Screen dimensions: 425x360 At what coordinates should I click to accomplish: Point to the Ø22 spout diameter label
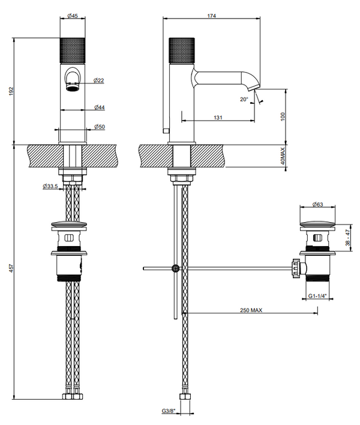coord(99,80)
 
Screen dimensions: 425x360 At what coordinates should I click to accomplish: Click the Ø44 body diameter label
coord(100,107)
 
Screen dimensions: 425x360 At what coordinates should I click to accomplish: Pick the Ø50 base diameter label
coord(100,127)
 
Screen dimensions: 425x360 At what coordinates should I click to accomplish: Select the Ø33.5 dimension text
coord(50,186)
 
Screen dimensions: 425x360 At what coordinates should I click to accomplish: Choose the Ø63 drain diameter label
coord(318,205)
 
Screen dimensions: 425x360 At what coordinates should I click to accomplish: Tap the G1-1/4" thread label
coord(317,296)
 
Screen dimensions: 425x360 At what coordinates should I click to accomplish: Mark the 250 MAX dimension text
coord(250,310)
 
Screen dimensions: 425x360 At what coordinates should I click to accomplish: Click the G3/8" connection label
coord(168,411)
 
